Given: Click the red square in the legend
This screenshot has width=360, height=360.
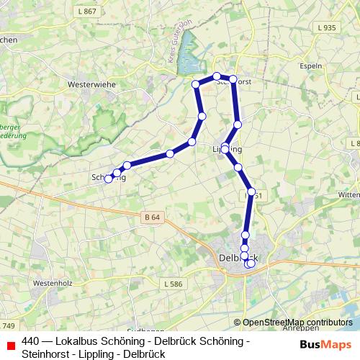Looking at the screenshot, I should pos(10,342).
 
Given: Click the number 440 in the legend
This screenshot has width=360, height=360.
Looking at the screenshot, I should pos(31,341).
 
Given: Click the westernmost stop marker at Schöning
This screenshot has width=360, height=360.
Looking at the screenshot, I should pos(109,179).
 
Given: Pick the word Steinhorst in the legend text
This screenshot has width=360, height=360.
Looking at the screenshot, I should pos(47,354).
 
